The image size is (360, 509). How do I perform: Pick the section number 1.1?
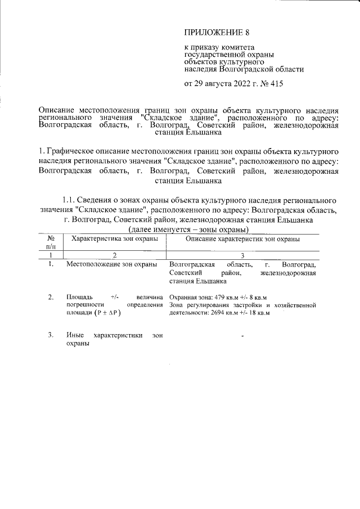[71, 200]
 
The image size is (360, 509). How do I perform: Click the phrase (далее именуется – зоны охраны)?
[188, 230]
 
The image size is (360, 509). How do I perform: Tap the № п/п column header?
[51, 242]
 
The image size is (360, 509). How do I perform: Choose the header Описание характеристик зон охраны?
[242, 239]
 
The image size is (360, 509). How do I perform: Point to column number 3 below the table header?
[242, 255]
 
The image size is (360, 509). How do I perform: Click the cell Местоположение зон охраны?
[111, 264]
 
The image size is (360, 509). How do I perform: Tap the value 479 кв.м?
[228, 297]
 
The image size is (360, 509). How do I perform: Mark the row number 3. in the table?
[51, 336]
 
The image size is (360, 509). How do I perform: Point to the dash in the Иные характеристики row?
[242, 337]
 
